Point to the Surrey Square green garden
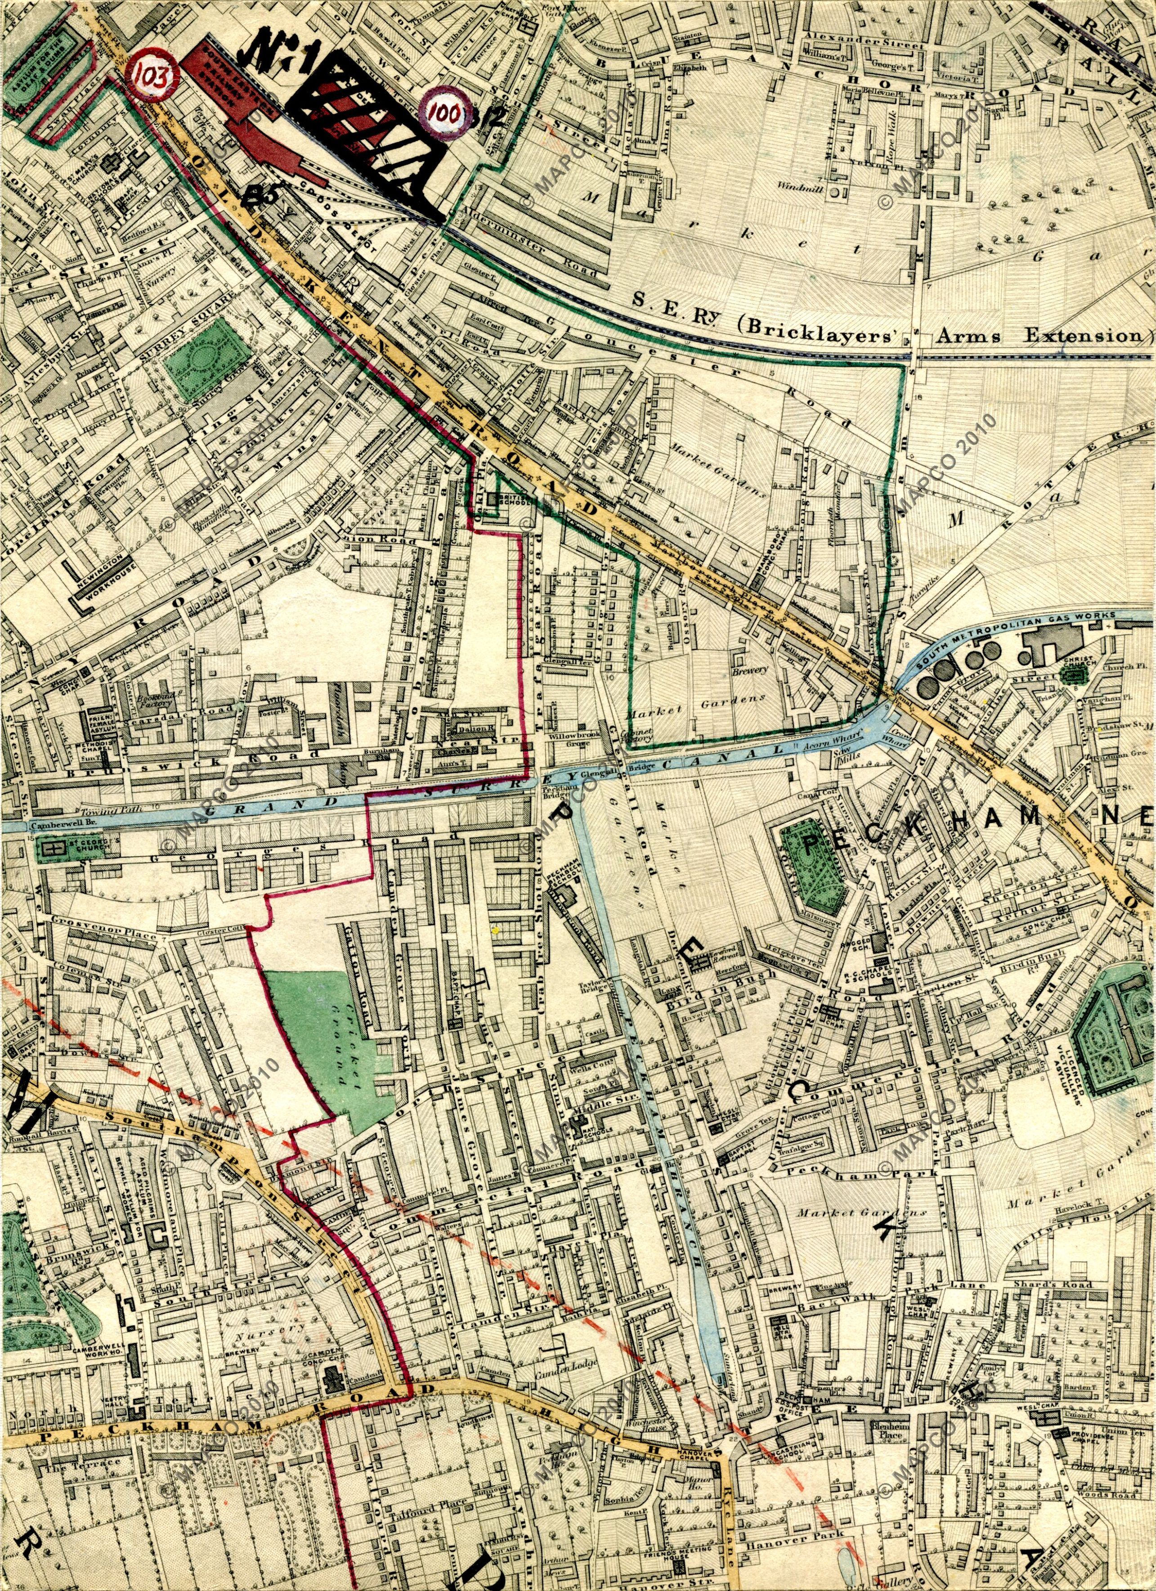pos(210,357)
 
